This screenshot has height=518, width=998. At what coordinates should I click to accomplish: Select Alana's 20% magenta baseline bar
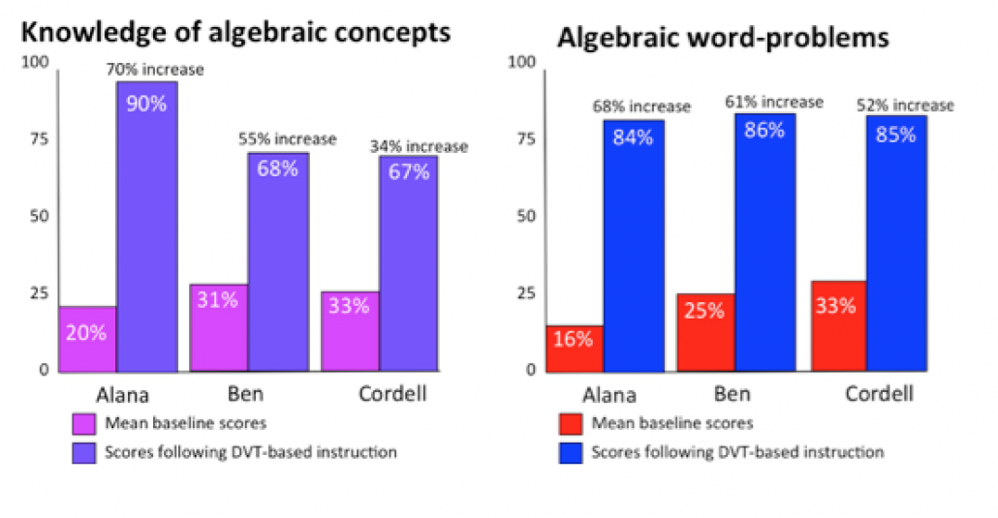88,338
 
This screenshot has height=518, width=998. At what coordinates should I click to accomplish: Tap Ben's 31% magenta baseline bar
219,327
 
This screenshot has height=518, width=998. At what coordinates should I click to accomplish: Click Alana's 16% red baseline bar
576,348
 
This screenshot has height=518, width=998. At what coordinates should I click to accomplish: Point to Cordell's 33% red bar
836,325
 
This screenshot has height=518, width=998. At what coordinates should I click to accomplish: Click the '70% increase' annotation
156,70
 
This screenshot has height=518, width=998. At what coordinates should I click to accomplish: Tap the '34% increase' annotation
419,147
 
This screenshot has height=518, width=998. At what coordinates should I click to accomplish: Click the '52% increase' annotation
906,106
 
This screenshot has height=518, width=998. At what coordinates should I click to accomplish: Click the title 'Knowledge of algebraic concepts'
235,32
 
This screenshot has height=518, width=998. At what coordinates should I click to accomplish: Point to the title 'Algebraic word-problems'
723,38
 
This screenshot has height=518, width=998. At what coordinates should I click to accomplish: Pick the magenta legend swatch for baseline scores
83,423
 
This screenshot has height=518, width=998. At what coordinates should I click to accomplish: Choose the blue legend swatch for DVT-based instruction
570,452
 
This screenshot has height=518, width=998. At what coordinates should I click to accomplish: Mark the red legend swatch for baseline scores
570,423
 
